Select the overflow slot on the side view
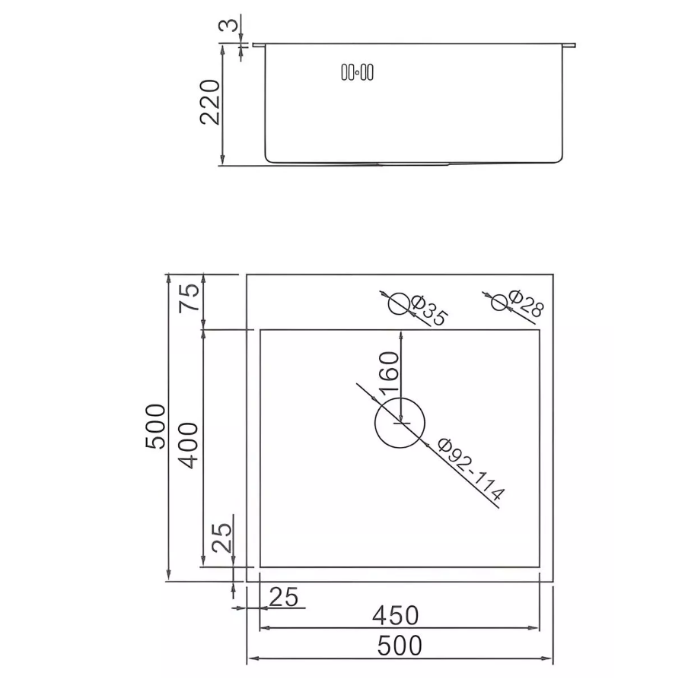pos(357,73)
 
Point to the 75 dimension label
pos(191,297)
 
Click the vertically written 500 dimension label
pos(155,427)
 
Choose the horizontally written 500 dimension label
pos(400,646)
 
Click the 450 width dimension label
pos(396,614)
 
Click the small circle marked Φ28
pos(499,302)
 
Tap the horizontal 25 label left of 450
pos(284,597)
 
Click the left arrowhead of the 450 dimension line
pos(264,628)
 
